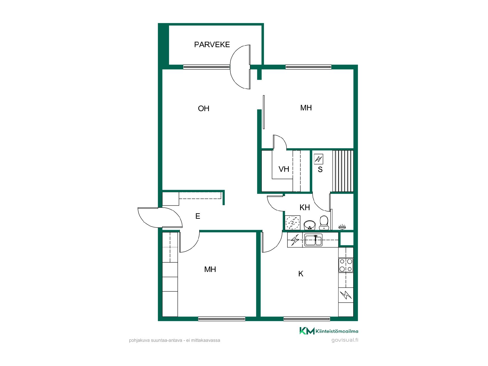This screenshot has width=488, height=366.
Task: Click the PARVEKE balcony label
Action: (x=212, y=44)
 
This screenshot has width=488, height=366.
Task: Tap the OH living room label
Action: (x=204, y=109)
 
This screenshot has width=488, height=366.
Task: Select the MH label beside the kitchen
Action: (x=210, y=269)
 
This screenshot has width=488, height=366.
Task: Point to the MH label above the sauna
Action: (x=306, y=108)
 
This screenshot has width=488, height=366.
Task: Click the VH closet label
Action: (x=284, y=169)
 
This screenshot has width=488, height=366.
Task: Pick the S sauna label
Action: (x=320, y=170)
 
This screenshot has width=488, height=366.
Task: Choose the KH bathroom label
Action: (x=305, y=207)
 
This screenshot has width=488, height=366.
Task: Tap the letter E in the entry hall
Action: (x=198, y=216)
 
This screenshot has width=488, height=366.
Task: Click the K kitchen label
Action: (x=301, y=274)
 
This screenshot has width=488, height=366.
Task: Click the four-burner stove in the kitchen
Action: (x=346, y=265)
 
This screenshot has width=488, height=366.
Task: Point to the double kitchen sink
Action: (x=313, y=240)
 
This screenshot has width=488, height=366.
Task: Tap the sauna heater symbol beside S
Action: (x=318, y=159)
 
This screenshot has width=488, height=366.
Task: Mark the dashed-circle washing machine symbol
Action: (x=293, y=223)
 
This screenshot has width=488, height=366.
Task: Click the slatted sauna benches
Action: (x=343, y=171)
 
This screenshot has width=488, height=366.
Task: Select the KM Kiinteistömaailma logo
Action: (x=329, y=331)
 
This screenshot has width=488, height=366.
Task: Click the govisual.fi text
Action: (x=345, y=340)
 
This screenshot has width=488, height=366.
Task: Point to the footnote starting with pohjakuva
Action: (x=175, y=340)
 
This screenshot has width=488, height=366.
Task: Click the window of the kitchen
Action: (x=307, y=319)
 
